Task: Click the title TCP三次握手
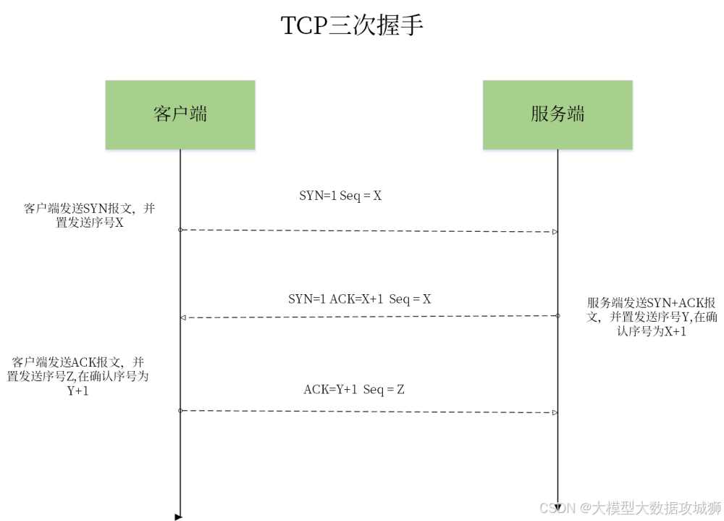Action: point(351,27)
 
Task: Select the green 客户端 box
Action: point(180,114)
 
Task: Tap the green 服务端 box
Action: point(557,114)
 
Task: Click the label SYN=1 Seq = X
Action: point(340,195)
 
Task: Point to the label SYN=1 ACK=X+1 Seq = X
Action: point(360,299)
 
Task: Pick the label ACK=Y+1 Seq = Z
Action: point(353,390)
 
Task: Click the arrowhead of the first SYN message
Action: point(555,232)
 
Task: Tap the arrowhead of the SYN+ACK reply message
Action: point(183,317)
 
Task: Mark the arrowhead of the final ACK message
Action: point(555,412)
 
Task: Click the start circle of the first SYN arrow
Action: point(180,229)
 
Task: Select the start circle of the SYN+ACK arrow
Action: point(557,315)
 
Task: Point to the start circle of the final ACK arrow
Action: point(180,410)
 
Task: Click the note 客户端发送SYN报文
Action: point(90,216)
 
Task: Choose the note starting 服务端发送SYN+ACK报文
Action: point(652,317)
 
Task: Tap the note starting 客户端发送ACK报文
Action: point(78,376)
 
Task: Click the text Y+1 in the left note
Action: point(78,391)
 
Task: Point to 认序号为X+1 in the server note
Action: point(652,332)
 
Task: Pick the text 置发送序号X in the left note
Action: point(90,223)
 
